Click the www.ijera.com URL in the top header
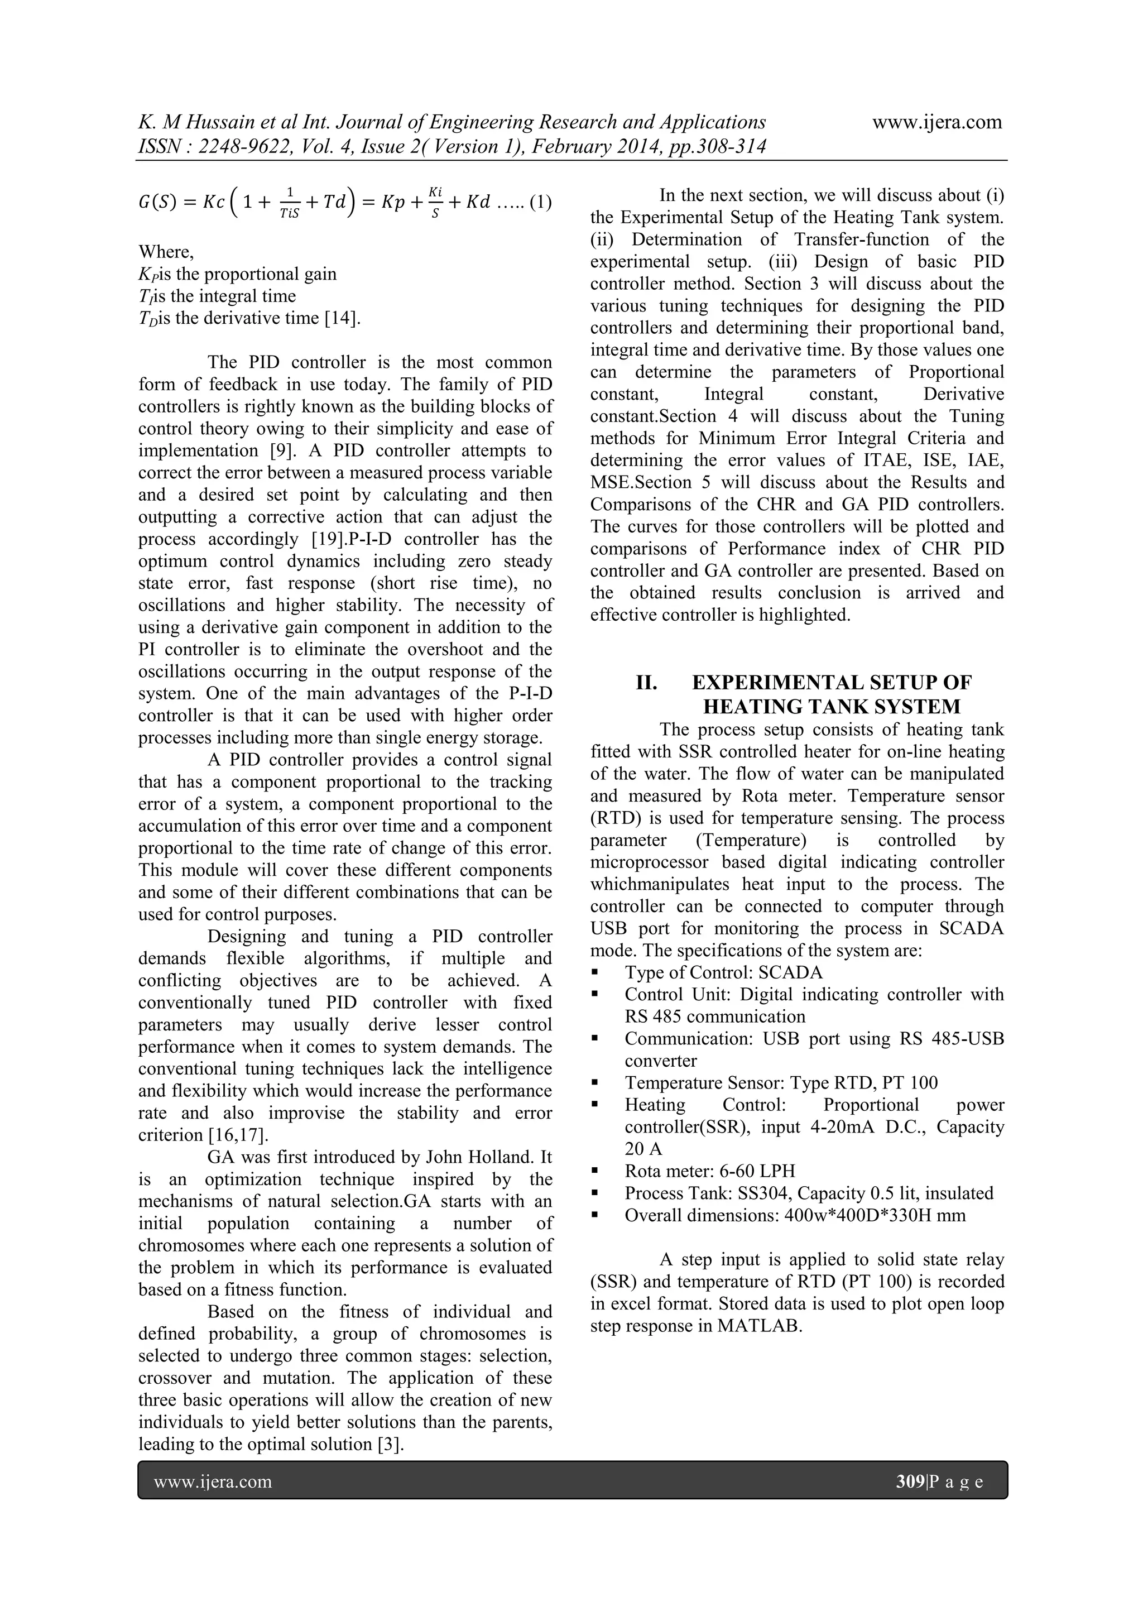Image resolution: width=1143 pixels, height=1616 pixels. [937, 122]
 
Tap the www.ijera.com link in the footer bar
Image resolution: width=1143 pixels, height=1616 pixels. [213, 1482]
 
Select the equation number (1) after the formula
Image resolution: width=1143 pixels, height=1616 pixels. [541, 203]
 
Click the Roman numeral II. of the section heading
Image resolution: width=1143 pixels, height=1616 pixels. [647, 683]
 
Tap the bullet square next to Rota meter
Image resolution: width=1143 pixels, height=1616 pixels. [595, 1172]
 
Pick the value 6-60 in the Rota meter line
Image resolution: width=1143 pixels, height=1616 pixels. [739, 1171]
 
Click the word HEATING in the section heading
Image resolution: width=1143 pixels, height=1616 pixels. [755, 706]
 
